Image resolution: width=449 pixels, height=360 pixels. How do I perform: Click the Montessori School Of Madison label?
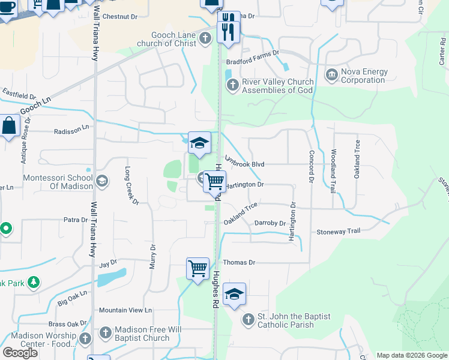point(58,182)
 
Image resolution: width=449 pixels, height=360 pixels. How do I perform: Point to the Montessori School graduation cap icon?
point(101,181)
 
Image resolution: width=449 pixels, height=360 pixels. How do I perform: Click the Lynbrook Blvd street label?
point(245,163)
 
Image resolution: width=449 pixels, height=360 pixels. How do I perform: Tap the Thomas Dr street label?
point(240,262)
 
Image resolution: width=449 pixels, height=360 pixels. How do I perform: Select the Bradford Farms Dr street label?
point(253,53)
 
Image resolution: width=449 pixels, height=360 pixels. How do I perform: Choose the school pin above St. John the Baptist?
point(234,293)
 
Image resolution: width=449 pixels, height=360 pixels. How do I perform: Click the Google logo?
point(20,352)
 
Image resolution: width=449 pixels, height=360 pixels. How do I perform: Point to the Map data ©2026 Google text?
point(411,355)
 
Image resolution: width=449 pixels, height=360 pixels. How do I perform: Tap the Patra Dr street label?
point(76,220)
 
